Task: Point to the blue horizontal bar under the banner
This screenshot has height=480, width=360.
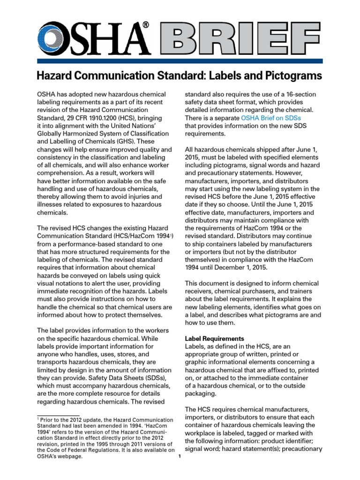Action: pos(180,60)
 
